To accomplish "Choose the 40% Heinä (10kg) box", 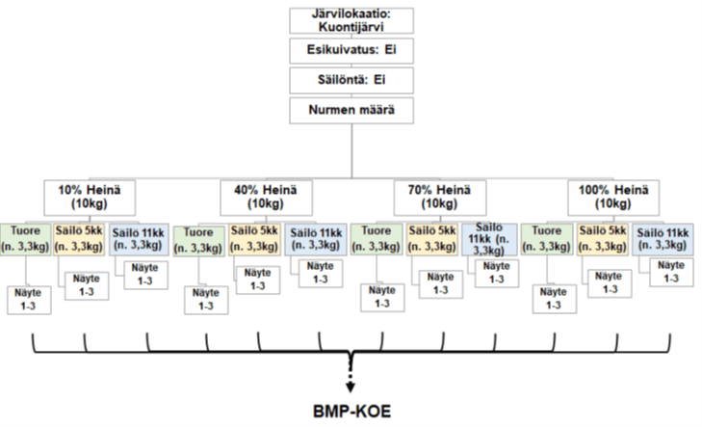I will click(265, 198).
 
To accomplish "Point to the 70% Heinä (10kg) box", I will click(439, 198).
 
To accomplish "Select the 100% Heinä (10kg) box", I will click(611, 198).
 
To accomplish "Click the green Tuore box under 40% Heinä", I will click(198, 240).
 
